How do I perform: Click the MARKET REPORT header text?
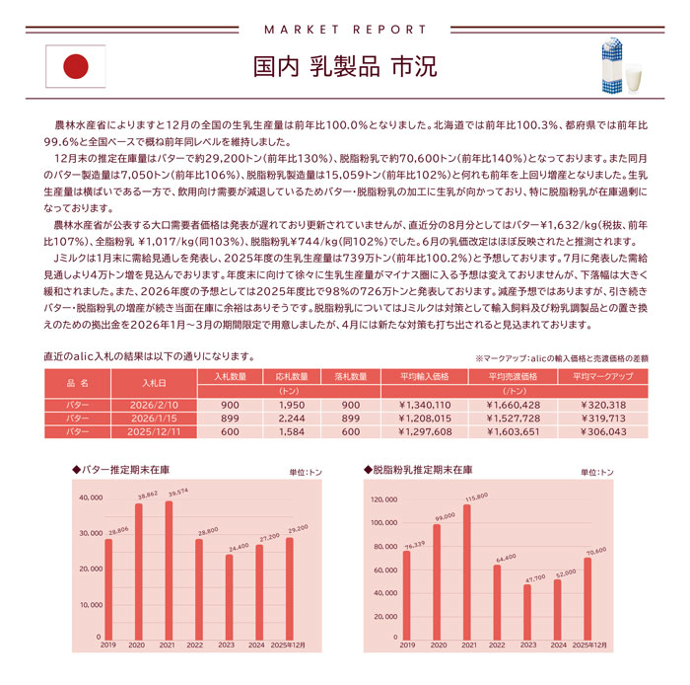pyautogui.click(x=345, y=28)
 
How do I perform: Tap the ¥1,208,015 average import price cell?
pyautogui.click(x=424, y=419)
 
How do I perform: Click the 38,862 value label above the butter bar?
pyautogui.click(x=148, y=495)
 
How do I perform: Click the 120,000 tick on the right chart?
pyautogui.click(x=382, y=498)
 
